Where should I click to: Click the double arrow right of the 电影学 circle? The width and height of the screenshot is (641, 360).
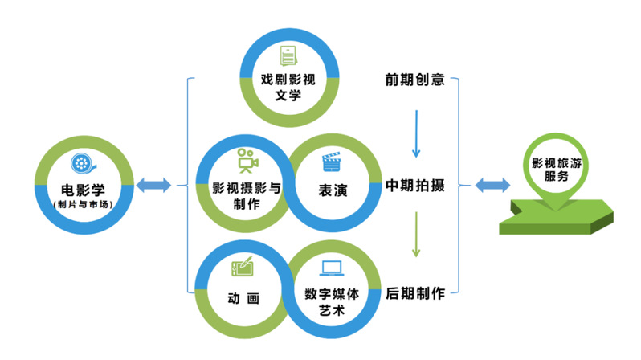click(x=153, y=186)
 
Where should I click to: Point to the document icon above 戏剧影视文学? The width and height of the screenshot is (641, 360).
click(x=287, y=56)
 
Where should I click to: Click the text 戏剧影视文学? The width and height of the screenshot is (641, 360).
click(x=287, y=88)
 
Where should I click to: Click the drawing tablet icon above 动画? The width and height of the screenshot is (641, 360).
click(x=243, y=267)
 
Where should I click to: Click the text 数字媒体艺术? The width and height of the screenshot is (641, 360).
click(x=331, y=301)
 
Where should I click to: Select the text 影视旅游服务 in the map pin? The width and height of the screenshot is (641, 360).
click(x=554, y=168)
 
